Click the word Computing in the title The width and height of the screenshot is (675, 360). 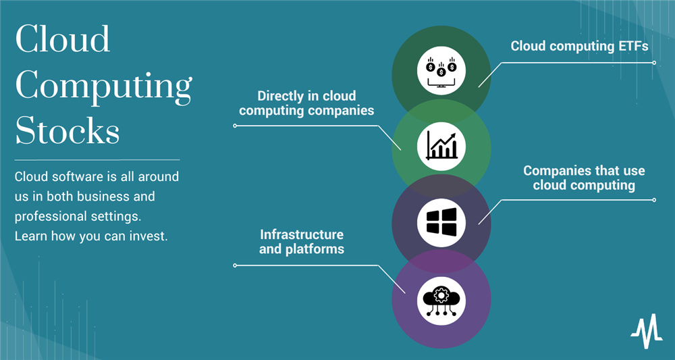point(103,86)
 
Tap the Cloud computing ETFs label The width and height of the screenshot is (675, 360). point(579,46)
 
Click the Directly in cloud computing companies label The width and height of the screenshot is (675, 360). point(306,103)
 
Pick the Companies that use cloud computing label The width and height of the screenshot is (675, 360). point(584,178)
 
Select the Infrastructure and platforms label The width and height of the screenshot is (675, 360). point(302,242)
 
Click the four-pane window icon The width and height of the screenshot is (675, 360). point(441,221)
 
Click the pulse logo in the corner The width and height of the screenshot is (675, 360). point(646,333)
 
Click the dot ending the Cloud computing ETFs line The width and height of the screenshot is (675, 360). point(653,62)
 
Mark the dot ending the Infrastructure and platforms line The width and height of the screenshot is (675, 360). point(235,265)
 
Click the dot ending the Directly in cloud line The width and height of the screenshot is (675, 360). point(235,126)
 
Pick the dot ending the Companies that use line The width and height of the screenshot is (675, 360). point(653,199)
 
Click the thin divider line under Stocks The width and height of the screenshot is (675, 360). point(97,159)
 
